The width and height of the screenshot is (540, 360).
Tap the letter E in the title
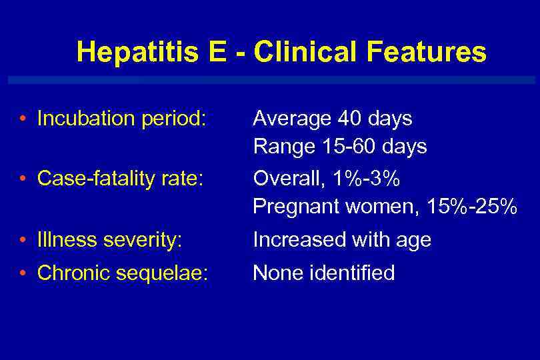point(217,52)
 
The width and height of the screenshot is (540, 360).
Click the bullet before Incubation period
point(23,119)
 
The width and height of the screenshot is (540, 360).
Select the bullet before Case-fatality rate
point(23,179)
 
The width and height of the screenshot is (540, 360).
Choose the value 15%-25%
point(472,207)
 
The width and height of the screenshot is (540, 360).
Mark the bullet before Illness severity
point(23,239)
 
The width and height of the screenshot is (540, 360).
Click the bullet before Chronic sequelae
point(23,273)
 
